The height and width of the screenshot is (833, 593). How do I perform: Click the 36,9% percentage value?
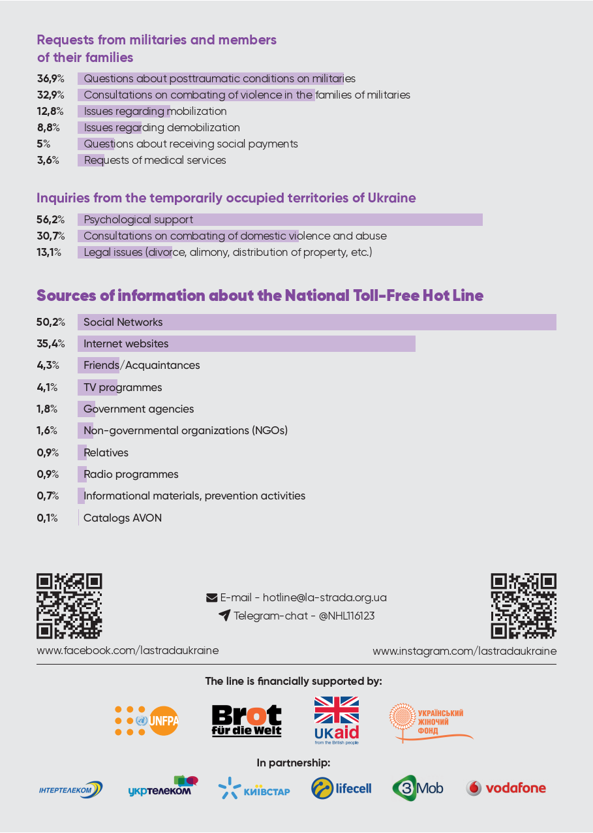click(50, 79)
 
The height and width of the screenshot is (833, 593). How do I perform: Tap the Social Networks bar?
click(316, 322)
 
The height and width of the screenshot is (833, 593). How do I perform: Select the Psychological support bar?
click(280, 219)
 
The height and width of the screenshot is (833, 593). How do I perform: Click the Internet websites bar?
click(246, 343)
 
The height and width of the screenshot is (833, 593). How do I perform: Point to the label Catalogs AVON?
click(123, 518)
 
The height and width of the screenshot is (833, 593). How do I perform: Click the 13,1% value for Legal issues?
click(49, 252)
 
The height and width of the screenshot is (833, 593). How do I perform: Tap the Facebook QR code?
click(69, 606)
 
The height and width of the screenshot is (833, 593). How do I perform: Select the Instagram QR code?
click(523, 606)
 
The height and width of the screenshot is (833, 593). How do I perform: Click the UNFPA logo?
click(147, 721)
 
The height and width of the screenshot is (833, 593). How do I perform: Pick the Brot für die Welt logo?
click(247, 721)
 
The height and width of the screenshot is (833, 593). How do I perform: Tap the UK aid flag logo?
click(337, 719)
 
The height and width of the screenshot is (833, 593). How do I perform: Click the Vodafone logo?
click(506, 788)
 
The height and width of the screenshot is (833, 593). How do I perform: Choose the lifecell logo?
click(341, 788)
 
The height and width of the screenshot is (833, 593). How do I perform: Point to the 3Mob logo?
click(418, 788)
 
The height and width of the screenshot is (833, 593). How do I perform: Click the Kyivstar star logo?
click(230, 789)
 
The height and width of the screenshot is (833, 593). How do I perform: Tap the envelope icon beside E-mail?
click(211, 597)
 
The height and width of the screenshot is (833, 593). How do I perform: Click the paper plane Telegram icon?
click(224, 615)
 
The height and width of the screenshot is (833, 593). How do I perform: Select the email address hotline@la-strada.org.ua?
click(324, 597)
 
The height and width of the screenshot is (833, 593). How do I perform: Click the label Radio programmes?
click(130, 474)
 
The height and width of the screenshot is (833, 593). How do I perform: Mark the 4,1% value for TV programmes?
click(47, 387)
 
